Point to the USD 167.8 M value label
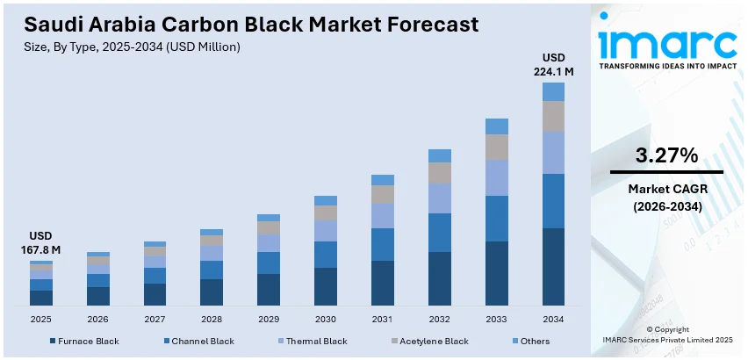click(x=41, y=243)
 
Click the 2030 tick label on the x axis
click(x=326, y=319)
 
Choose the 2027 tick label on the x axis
click(x=155, y=319)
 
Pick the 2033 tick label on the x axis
click(x=496, y=319)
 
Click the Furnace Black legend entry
click(x=84, y=341)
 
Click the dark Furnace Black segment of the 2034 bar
click(x=553, y=266)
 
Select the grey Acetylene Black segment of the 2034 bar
click(x=553, y=116)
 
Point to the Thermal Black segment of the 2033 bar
click(x=497, y=177)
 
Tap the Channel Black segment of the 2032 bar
click(x=440, y=232)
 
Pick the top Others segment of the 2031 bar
click(x=383, y=180)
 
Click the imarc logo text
click(x=666, y=42)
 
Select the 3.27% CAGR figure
click(x=666, y=156)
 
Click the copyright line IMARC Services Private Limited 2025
click(x=666, y=339)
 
